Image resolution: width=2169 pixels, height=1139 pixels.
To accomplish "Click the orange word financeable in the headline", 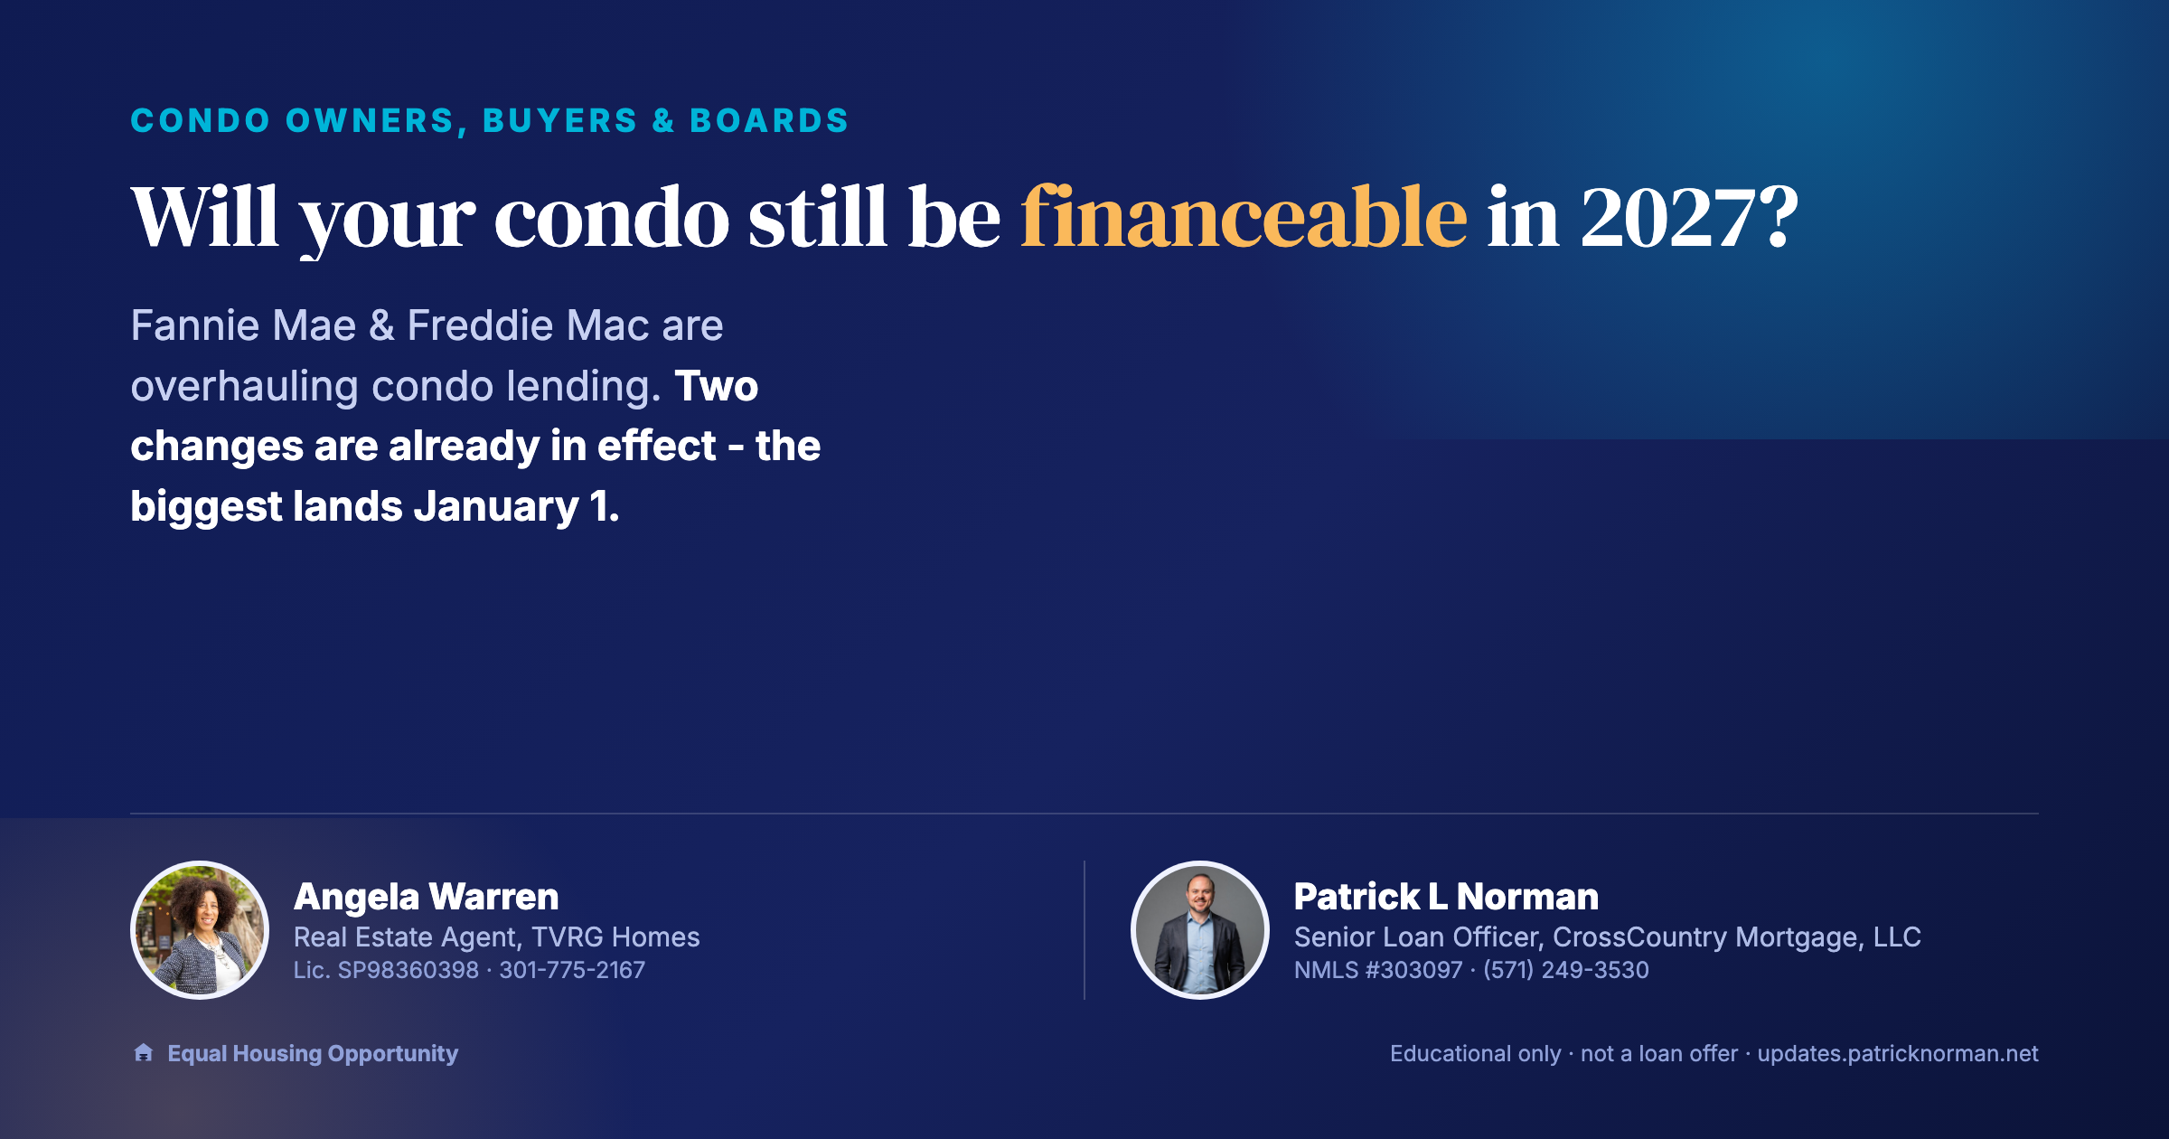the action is [x=1244, y=217].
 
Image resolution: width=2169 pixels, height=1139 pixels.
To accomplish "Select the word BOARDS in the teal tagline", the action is [x=769, y=120].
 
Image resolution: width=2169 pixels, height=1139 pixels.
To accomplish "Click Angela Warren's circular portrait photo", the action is [x=200, y=930].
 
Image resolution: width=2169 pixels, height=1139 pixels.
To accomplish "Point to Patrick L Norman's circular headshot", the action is [x=1200, y=930].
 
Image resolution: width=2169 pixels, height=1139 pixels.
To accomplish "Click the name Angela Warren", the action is [x=427, y=897].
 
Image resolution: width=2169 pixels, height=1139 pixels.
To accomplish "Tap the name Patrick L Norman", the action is [x=1446, y=897].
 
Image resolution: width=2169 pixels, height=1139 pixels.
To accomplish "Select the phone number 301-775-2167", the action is [x=572, y=970].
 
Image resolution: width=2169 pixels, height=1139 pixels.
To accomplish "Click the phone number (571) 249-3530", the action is [x=1566, y=970].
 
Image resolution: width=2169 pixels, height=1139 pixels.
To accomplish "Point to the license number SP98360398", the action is [x=408, y=970].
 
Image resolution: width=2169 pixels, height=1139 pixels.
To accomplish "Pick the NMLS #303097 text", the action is [x=1378, y=970].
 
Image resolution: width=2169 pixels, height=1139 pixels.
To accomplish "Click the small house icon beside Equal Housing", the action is [x=143, y=1052].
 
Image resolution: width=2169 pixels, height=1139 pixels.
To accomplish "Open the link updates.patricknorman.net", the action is [x=1898, y=1054].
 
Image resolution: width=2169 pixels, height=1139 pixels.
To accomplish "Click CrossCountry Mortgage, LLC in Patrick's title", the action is [x=1737, y=937].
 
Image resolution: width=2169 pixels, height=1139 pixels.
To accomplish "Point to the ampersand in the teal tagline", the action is [x=664, y=120].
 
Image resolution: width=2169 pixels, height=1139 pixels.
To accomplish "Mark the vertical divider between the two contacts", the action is [x=1084, y=930].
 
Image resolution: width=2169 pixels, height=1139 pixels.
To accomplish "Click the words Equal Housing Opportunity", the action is [x=313, y=1054].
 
